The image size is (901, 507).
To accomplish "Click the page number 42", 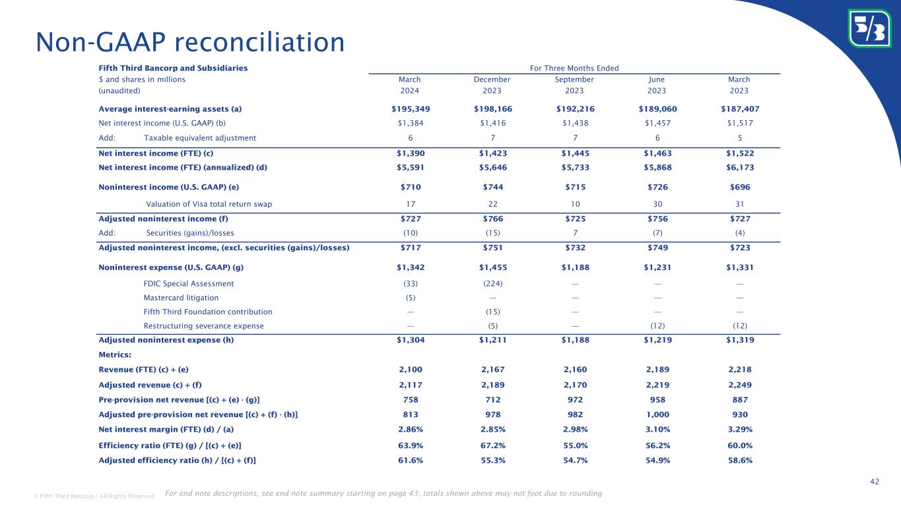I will pyautogui.click(x=875, y=482).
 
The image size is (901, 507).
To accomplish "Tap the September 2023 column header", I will pyautogui.click(x=574, y=84).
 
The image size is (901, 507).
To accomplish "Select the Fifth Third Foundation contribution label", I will pyautogui.click(x=208, y=312).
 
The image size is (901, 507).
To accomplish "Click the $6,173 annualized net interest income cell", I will pyautogui.click(x=739, y=167).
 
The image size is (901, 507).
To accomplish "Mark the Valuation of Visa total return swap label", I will pyautogui.click(x=209, y=204).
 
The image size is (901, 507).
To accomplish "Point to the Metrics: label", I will pyautogui.click(x=115, y=355).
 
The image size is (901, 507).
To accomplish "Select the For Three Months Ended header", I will pyautogui.click(x=574, y=67).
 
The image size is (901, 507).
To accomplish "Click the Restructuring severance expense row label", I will pyautogui.click(x=203, y=326).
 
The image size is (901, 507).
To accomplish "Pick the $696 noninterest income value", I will pyautogui.click(x=739, y=187).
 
